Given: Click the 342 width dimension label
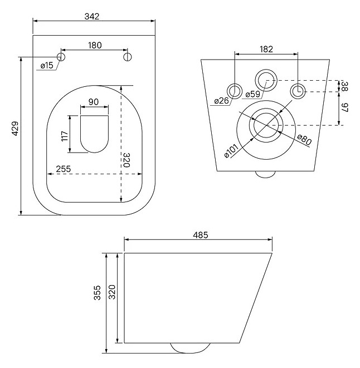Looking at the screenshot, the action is [x=91, y=17].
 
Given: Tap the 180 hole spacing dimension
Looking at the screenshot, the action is [x=95, y=45].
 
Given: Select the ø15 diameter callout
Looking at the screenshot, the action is [x=47, y=65].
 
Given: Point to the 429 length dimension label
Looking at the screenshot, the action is [x=15, y=129].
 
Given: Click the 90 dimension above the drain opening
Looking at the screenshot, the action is [x=94, y=102].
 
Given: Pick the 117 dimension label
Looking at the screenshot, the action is [x=65, y=136].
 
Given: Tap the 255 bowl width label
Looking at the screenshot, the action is [x=63, y=169].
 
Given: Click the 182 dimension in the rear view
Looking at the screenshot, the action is [x=266, y=50].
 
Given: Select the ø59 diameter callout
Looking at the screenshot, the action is [x=252, y=94].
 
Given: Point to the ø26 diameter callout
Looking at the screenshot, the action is [x=221, y=101].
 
